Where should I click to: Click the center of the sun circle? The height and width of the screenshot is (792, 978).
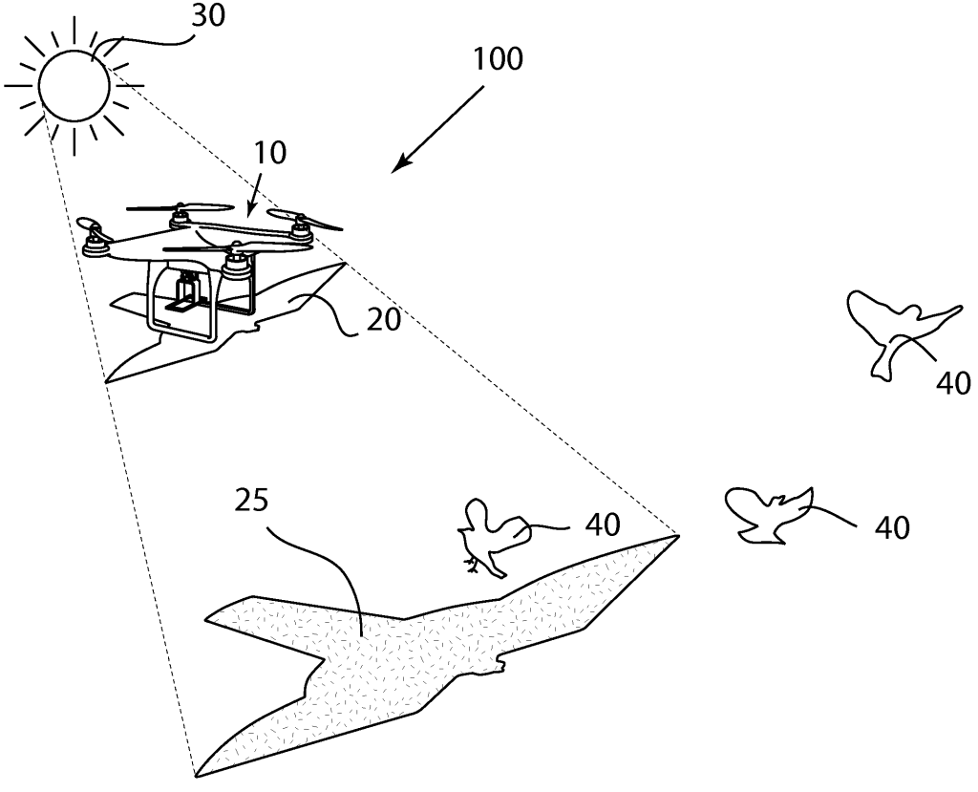[75, 83]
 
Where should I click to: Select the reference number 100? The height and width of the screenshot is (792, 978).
[498, 60]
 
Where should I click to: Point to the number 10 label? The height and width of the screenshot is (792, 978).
[269, 154]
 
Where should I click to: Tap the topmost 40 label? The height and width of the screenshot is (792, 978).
[951, 383]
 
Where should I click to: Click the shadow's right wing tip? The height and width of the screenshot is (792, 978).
[674, 539]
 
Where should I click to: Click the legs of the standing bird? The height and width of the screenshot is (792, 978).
[473, 567]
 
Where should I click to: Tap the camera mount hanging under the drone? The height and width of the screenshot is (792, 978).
[188, 290]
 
